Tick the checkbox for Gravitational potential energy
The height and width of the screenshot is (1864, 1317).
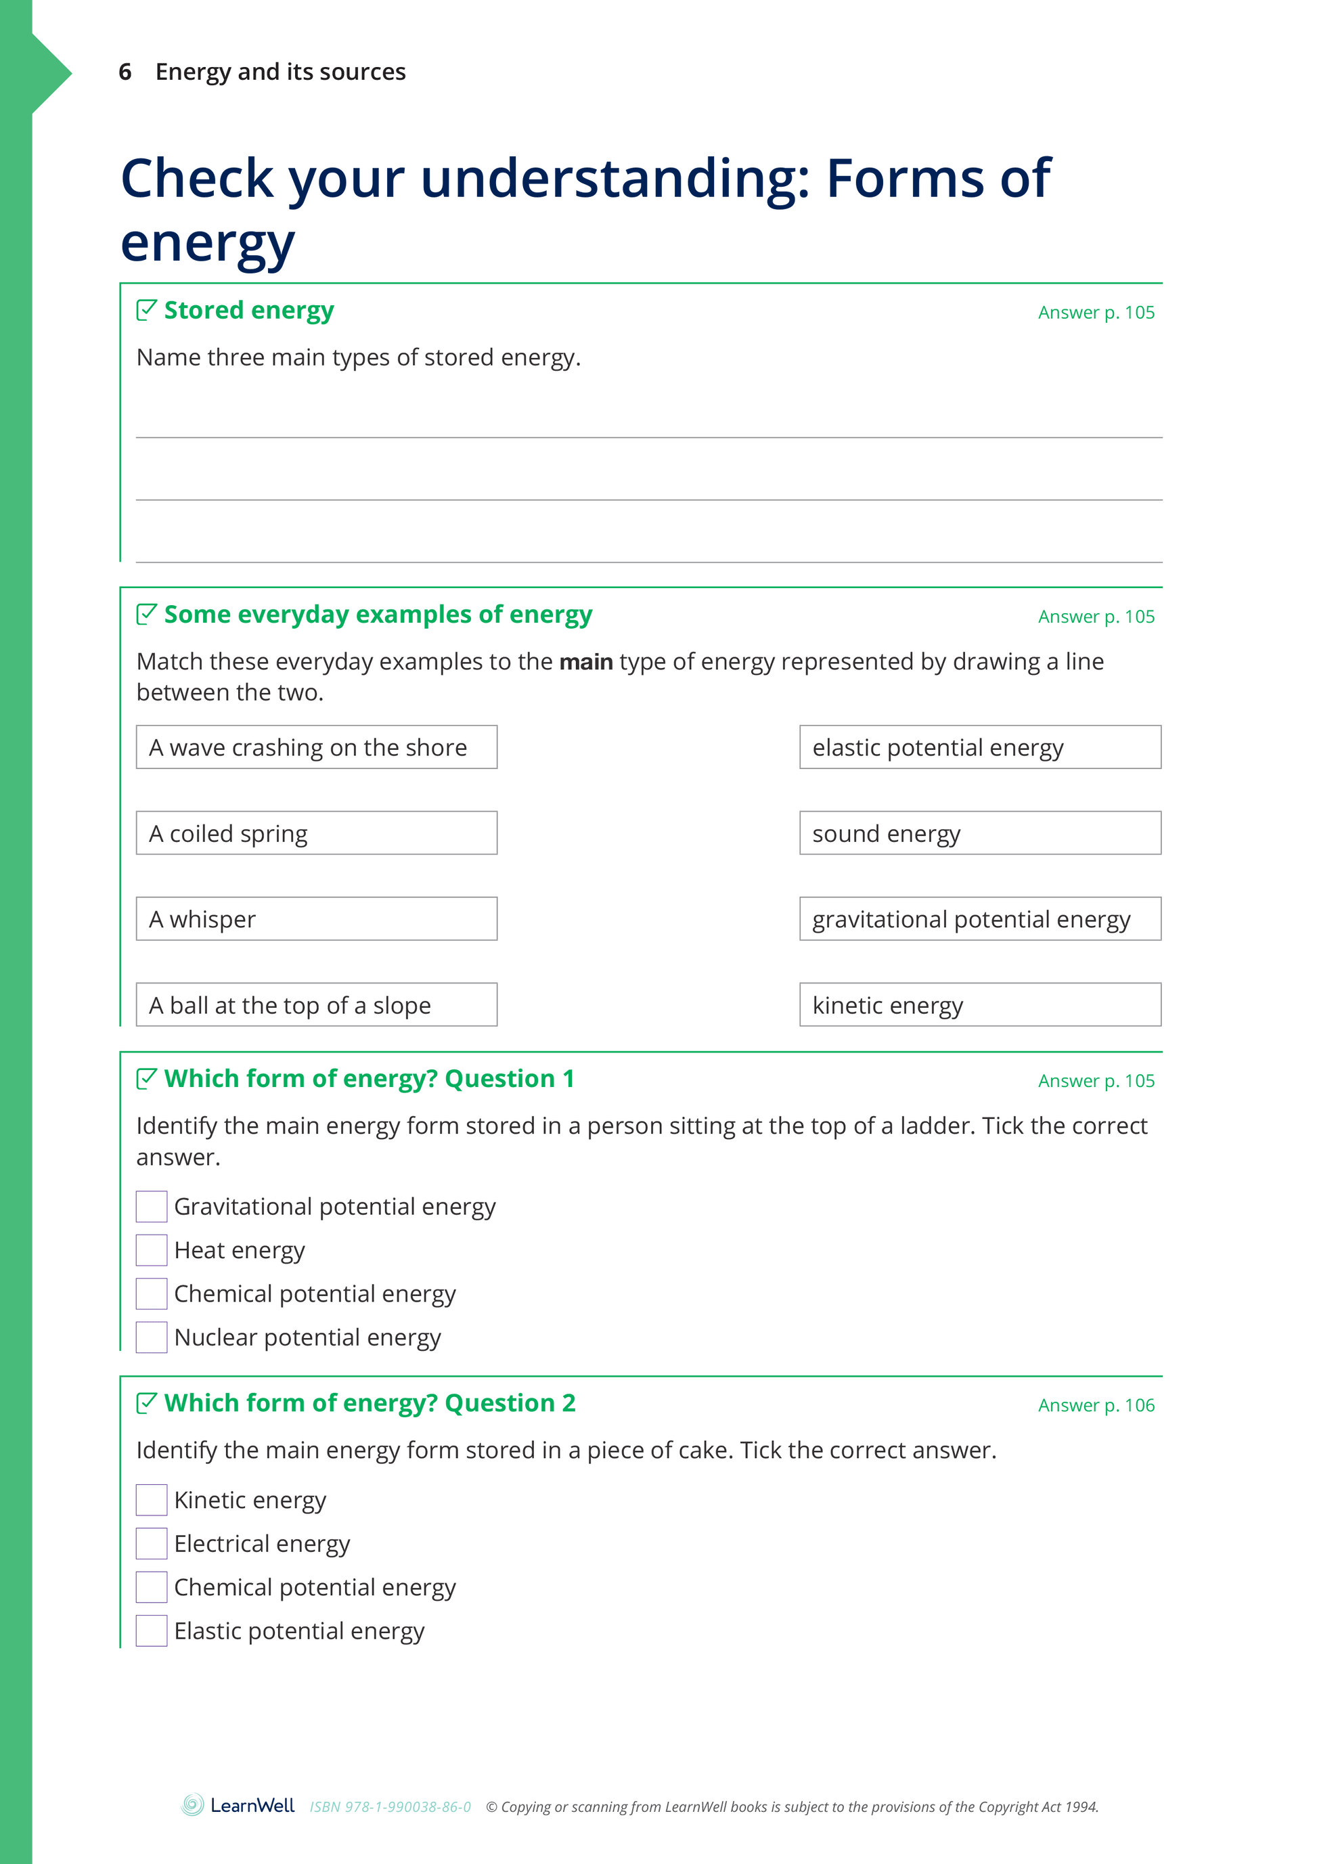point(152,1206)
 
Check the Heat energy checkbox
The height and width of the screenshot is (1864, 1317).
point(152,1250)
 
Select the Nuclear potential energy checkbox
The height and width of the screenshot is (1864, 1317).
point(152,1337)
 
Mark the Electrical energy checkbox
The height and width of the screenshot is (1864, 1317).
point(152,1543)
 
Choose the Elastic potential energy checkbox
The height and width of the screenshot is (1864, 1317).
point(152,1631)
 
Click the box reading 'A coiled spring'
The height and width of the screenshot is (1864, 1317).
point(317,833)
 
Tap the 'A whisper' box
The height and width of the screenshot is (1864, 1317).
point(317,919)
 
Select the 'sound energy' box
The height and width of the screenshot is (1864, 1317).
point(980,833)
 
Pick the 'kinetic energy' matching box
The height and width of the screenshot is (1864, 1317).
point(980,1005)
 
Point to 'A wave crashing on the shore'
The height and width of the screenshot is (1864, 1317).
point(317,747)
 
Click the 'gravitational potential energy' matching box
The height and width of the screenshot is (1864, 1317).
point(980,919)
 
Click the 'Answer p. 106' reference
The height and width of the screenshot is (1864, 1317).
point(1096,1405)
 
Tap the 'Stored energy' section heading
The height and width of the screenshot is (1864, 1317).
point(248,310)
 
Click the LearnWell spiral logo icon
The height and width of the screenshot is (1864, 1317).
point(192,1806)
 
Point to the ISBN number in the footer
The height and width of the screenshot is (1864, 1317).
point(390,1807)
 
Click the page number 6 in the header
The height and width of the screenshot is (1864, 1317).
point(125,72)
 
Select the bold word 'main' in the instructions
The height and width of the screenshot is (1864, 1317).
point(585,663)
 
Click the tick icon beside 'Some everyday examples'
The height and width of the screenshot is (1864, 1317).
point(146,614)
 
